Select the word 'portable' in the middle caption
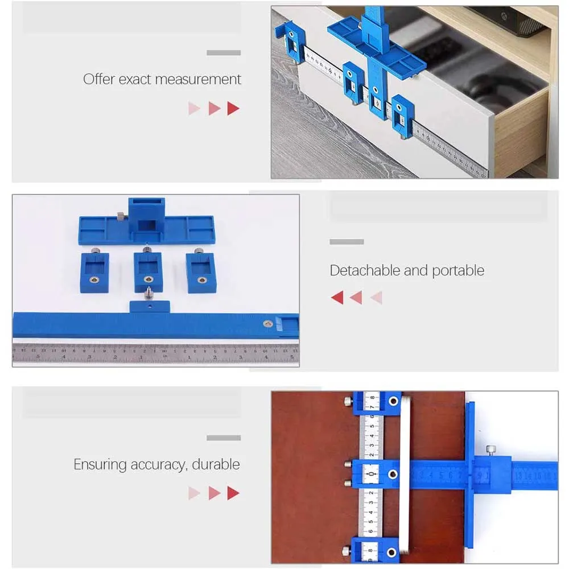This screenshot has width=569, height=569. coord(458,270)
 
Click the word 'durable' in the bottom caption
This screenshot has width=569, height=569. coord(216,464)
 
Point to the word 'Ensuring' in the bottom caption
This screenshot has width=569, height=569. coord(100,464)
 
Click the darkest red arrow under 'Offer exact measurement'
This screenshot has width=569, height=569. coord(233,108)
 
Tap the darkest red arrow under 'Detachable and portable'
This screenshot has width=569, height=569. coord(337,297)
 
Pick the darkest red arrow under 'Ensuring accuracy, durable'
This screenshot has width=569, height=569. coord(233,493)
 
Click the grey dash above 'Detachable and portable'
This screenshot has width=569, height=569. coord(347,242)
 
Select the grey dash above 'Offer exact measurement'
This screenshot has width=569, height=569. coord(224,53)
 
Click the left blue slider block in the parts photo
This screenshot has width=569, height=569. coord(94,272)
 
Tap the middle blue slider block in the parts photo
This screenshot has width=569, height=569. coord(148,271)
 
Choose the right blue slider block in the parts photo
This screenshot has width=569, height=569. coord(200,271)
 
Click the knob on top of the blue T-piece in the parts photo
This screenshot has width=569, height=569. coord(121,216)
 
